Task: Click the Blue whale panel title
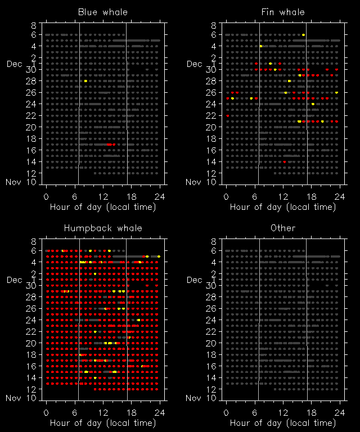(x=102, y=12)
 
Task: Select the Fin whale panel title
(x=283, y=12)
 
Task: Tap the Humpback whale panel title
(x=102, y=228)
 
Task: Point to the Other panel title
(x=283, y=228)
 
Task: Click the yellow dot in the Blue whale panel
(x=85, y=81)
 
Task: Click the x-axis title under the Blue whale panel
(x=102, y=207)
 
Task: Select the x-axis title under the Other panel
(x=283, y=423)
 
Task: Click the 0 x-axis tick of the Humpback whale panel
(x=46, y=412)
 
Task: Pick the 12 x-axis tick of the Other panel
(x=283, y=412)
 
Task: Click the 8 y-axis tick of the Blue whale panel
(x=34, y=25)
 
